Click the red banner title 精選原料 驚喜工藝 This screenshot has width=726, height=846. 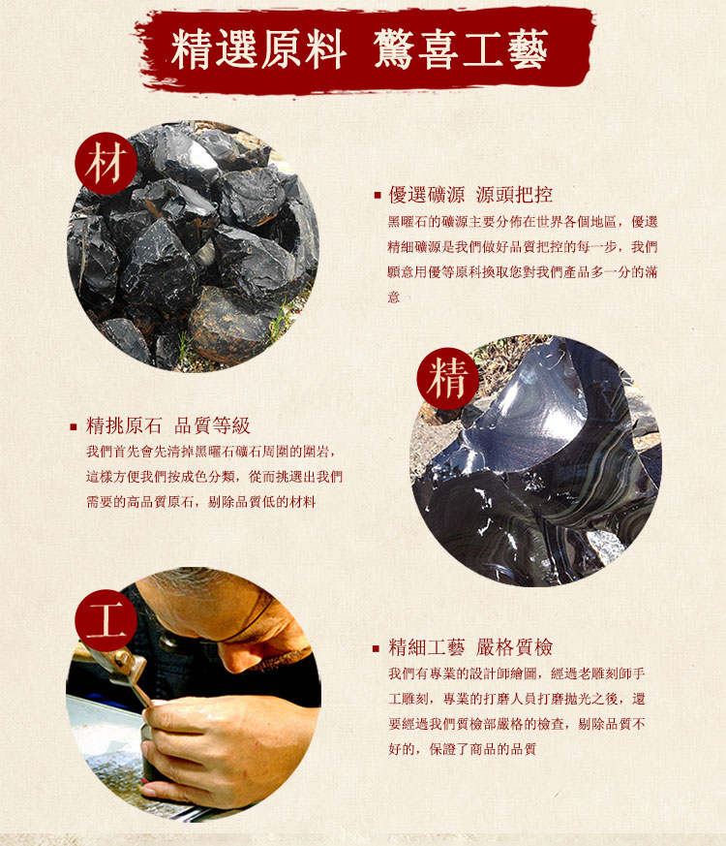tap(359, 49)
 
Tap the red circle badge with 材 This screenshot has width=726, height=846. tap(106, 163)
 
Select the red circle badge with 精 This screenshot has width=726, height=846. tap(448, 378)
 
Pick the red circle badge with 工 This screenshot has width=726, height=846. tap(106, 620)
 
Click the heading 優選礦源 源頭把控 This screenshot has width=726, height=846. tap(470, 195)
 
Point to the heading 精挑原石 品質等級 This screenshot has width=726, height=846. tap(168, 425)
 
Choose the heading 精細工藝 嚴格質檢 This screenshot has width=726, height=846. tap(470, 647)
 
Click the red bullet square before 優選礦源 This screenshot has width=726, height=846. tap(378, 196)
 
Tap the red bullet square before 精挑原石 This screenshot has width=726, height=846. tap(74, 426)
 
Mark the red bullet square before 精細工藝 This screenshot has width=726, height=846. tap(377, 648)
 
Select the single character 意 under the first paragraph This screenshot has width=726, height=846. tap(394, 297)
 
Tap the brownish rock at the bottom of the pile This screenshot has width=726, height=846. tap(227, 324)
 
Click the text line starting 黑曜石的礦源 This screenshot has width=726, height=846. tap(523, 222)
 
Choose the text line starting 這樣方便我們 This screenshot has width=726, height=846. tap(215, 477)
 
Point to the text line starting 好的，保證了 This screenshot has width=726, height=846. tap(463, 749)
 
